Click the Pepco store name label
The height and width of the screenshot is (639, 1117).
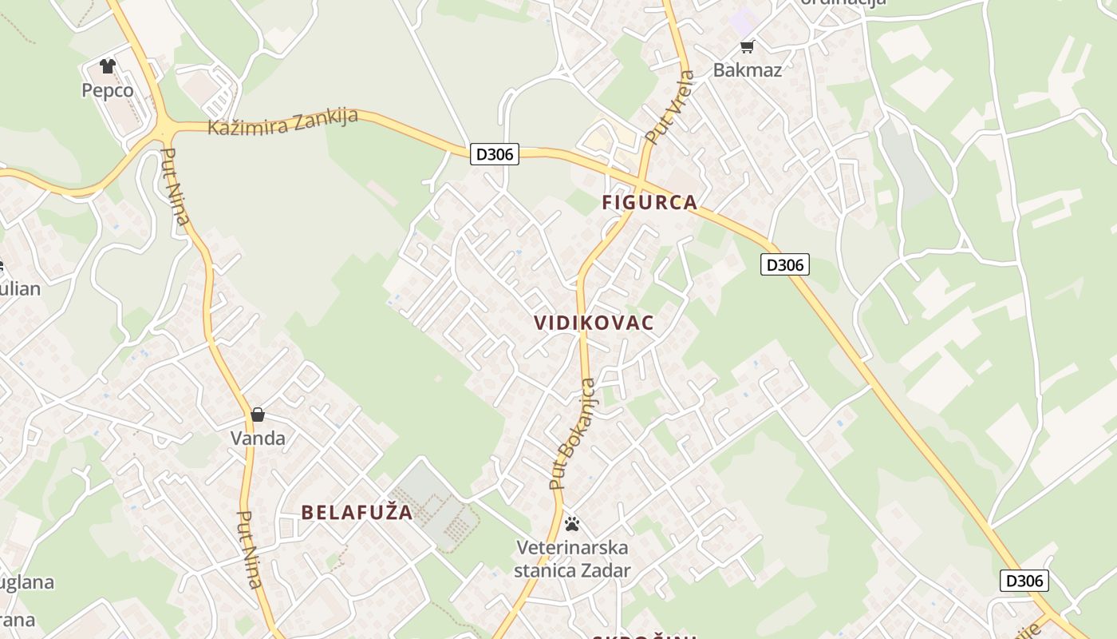(108, 90)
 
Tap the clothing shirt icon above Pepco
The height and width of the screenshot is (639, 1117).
(108, 66)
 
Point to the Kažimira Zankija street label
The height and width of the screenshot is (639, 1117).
(283, 122)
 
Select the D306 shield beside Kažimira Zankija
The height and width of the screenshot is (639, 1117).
(495, 154)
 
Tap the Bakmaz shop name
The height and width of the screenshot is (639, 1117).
(748, 69)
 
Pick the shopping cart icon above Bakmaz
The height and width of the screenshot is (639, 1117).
(748, 46)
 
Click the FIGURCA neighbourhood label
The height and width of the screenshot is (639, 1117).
(650, 203)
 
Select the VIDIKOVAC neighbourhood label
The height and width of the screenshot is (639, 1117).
(594, 323)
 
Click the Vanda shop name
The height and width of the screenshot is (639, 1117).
(258, 438)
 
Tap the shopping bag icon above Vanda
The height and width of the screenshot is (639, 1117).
(258, 415)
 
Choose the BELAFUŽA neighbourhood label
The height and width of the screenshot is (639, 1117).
(357, 513)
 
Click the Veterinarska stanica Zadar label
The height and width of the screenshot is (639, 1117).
(572, 559)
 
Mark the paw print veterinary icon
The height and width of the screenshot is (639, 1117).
(572, 524)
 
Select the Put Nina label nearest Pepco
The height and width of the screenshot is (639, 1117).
(176, 186)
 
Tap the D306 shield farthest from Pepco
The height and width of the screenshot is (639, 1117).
(1024, 581)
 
